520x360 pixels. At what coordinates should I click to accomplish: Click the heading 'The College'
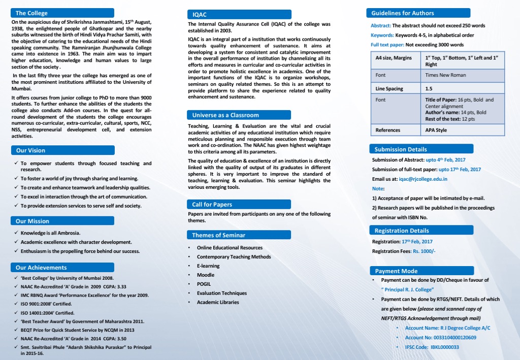[x=31, y=13]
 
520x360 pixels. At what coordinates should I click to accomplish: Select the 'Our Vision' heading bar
[x=30, y=150]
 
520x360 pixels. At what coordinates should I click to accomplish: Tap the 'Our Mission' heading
[x=32, y=221]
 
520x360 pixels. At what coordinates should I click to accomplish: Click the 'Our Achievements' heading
[x=41, y=268]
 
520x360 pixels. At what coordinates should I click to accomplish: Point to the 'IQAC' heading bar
[x=200, y=15]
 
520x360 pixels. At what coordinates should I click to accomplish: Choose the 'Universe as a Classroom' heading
[x=225, y=115]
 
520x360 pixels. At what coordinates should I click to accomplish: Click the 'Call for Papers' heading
[x=212, y=205]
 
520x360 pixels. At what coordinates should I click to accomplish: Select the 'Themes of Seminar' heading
[x=218, y=235]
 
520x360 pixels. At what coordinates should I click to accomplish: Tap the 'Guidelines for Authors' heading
[x=403, y=13]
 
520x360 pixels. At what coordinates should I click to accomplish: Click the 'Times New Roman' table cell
[x=445, y=75]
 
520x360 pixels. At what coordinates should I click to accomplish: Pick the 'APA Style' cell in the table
[x=436, y=130]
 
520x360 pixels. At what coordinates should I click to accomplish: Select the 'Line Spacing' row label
[x=389, y=89]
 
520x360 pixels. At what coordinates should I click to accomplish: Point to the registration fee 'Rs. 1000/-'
[x=424, y=251]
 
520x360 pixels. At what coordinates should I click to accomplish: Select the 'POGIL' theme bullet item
[x=204, y=284]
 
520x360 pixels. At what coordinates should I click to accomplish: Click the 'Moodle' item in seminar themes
[x=206, y=275]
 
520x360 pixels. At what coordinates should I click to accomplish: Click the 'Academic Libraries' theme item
[x=218, y=302]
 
